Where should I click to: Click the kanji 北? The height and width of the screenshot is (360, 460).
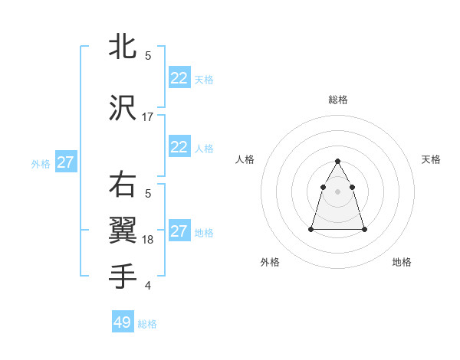tap(123, 47)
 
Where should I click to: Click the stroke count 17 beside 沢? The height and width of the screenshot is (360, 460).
tap(148, 116)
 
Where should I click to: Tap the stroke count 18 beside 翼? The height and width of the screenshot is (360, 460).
tap(148, 240)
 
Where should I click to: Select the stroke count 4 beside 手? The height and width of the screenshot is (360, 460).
tap(148, 286)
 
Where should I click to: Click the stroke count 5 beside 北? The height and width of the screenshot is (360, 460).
tap(148, 55)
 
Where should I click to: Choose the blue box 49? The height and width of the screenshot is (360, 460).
tap(123, 322)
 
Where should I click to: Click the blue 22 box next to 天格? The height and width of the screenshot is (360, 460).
tap(179, 78)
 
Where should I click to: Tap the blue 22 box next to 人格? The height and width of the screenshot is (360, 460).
tap(179, 147)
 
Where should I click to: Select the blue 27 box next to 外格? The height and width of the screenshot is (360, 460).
tap(66, 162)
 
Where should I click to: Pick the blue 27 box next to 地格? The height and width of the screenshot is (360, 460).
tap(179, 231)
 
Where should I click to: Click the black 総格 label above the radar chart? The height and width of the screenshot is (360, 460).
tap(338, 100)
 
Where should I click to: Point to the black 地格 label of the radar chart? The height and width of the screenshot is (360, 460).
tap(402, 262)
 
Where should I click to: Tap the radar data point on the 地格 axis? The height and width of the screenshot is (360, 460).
tap(364, 229)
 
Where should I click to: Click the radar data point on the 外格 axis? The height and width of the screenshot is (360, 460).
tap(311, 229)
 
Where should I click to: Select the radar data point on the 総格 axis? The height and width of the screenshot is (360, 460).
tap(338, 161)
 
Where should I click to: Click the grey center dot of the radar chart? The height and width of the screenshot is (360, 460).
tap(338, 191)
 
